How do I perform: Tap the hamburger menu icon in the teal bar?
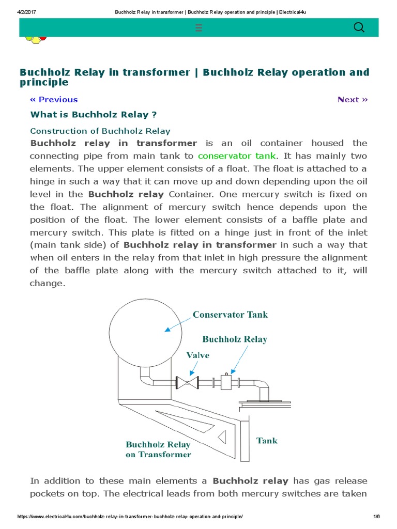[199, 28]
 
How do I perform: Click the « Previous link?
[54, 100]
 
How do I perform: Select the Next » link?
[353, 100]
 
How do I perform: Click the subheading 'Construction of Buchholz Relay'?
[100, 131]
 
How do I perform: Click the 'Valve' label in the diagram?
[198, 355]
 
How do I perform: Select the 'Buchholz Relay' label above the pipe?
[235, 339]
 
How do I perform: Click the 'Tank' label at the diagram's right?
[267, 441]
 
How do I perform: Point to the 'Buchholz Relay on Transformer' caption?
[158, 449]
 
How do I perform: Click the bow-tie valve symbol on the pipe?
[188, 382]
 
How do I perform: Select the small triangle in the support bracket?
[222, 437]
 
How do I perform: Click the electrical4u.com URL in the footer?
[130, 517]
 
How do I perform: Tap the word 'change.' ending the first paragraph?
[48, 283]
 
